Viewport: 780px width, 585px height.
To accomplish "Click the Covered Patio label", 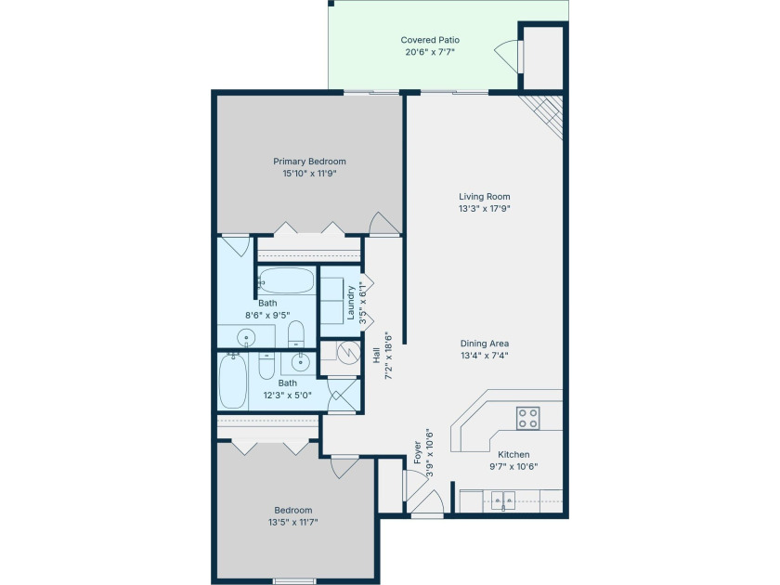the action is pos(430,40).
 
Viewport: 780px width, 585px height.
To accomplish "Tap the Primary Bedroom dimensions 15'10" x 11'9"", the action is pos(309,174).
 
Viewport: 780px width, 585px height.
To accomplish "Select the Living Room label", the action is pos(484,197).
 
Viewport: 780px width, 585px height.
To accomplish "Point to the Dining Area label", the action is pos(484,344).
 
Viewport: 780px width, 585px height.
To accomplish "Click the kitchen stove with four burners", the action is pos(527,418).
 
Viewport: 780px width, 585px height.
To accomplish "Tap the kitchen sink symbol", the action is pos(503,500).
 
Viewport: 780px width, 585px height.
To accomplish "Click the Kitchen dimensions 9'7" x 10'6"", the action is pos(513,466).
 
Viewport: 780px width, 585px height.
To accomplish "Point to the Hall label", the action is pos(377,355).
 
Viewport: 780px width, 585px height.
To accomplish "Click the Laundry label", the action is pos(351,303).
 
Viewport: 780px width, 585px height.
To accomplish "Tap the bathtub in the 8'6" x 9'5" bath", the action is pos(286,281).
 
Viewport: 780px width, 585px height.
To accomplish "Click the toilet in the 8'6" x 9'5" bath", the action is pos(296,333).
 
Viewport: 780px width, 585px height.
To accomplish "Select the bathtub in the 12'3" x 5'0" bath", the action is pos(233,381).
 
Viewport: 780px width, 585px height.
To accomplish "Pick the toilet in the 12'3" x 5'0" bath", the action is pos(266,365).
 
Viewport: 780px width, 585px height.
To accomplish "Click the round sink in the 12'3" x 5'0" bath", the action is pos(301,363).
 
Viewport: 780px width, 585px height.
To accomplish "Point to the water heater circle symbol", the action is pos(348,352).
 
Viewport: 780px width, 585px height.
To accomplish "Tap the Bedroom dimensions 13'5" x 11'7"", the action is pos(293,522).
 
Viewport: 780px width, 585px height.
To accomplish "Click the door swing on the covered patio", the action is pos(506,53).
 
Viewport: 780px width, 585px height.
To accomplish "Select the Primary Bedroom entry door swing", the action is pos(383,223).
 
